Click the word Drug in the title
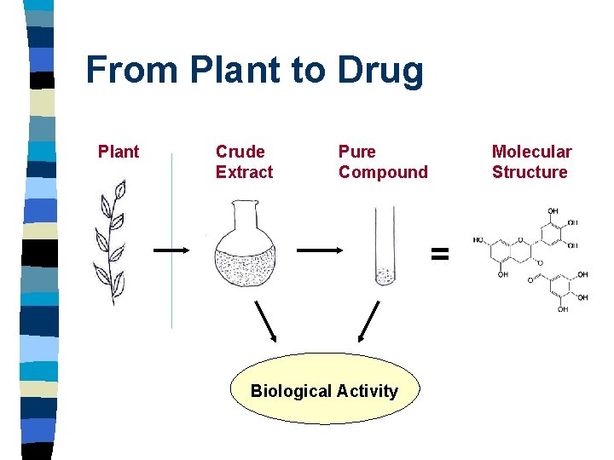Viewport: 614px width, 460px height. pos(380,71)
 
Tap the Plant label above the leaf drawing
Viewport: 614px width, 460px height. pos(119,152)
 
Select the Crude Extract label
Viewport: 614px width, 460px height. pos(244,162)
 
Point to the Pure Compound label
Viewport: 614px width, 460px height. pos(383,162)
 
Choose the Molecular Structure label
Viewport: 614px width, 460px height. pos(530,162)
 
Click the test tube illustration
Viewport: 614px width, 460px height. pos(385,248)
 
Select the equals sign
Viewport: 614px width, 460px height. pos(439,252)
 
